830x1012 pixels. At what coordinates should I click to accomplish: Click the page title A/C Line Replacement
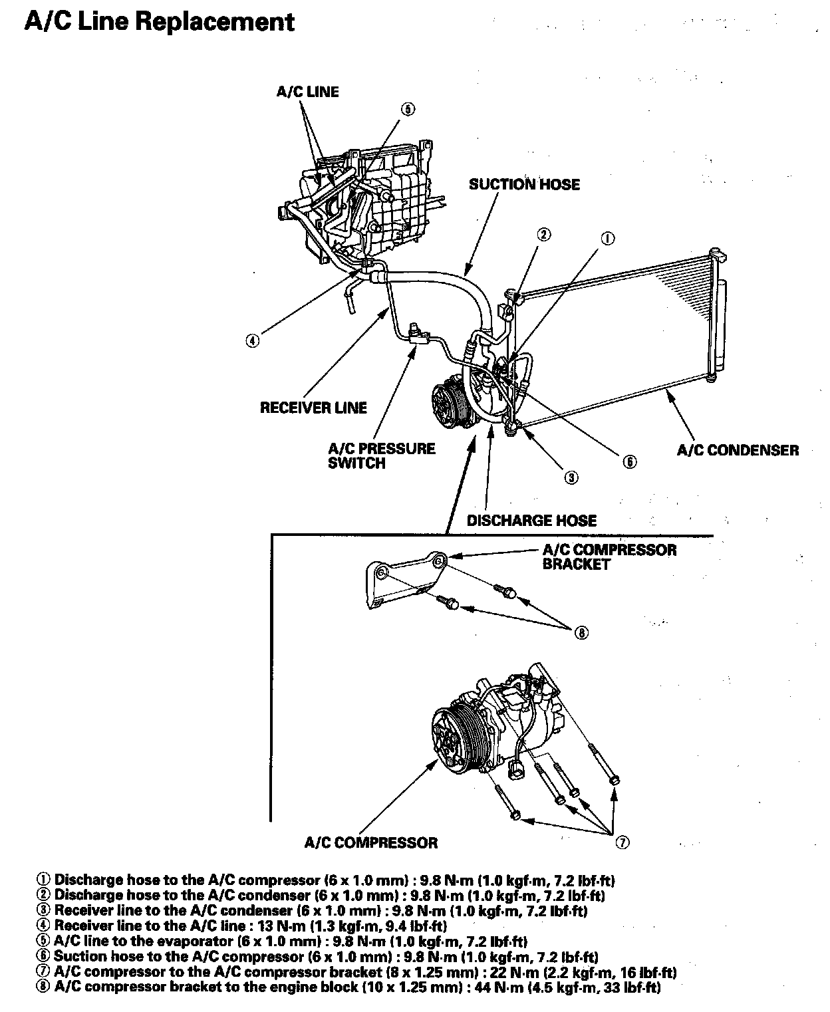pyautogui.click(x=159, y=22)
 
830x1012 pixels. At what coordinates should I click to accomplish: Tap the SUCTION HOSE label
pyautogui.click(x=524, y=184)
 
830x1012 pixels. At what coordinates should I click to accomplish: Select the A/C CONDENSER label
pyautogui.click(x=738, y=450)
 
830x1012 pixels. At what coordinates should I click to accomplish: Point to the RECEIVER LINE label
pyautogui.click(x=313, y=407)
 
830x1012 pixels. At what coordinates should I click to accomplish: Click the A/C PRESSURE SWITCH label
pyautogui.click(x=381, y=456)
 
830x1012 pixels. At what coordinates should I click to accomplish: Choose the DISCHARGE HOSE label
pyautogui.click(x=531, y=520)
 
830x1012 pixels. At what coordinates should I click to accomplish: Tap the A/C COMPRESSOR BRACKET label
pyautogui.click(x=609, y=557)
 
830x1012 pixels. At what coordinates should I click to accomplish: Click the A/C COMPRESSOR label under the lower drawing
pyautogui.click(x=371, y=842)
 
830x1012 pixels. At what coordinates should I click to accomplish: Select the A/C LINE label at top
pyautogui.click(x=307, y=92)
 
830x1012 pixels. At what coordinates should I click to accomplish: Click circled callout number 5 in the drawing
pyautogui.click(x=408, y=109)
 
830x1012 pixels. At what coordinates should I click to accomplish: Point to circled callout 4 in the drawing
pyautogui.click(x=252, y=340)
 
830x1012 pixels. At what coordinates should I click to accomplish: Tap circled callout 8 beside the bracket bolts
pyautogui.click(x=582, y=633)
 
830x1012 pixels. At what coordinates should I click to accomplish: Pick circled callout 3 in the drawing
pyautogui.click(x=571, y=476)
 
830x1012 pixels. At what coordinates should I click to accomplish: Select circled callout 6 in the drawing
pyautogui.click(x=629, y=461)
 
